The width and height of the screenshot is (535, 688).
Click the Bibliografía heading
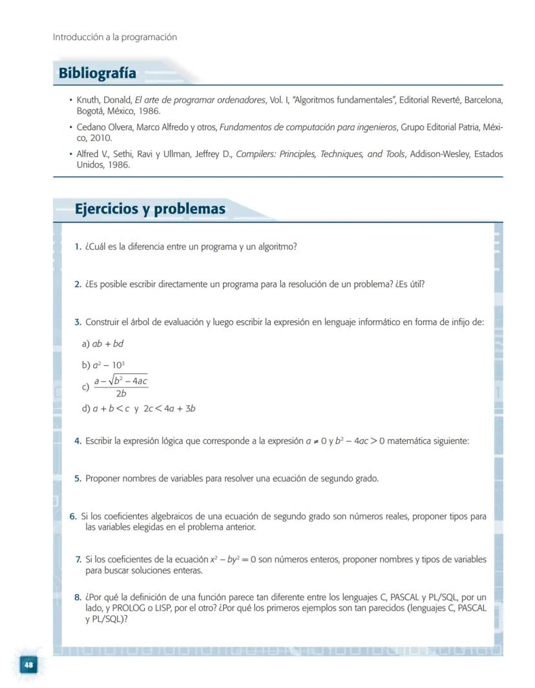coord(98,73)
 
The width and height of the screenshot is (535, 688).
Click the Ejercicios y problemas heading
coord(150,209)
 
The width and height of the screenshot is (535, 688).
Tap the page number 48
coord(28,664)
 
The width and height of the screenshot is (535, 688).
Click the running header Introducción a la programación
coord(114,37)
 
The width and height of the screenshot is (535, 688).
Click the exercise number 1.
coord(78,246)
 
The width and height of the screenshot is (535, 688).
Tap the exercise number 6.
coord(73,516)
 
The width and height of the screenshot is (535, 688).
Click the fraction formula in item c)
coord(121,387)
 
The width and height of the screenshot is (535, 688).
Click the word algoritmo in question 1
coord(276,246)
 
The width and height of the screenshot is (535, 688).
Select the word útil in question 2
coord(416,284)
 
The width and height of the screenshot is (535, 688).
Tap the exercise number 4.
coord(78,441)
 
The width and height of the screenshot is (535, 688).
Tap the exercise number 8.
coord(78,597)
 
